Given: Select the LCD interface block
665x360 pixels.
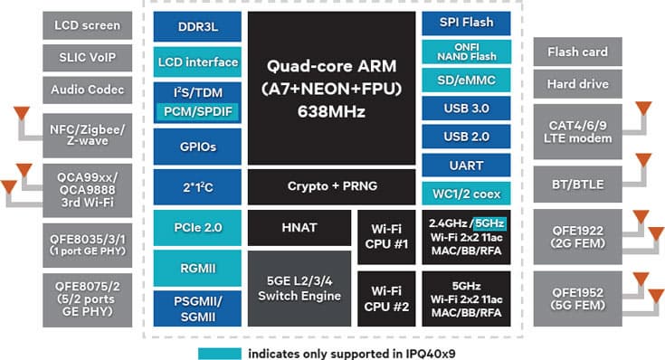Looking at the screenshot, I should click(x=196, y=62).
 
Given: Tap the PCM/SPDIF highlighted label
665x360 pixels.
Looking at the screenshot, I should click(x=196, y=111).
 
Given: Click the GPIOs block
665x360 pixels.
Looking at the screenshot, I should click(x=196, y=146).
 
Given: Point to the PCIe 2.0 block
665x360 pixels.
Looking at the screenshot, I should click(x=196, y=227).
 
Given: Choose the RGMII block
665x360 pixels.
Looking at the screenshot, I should click(x=196, y=267).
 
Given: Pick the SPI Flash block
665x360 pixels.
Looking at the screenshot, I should click(x=466, y=23).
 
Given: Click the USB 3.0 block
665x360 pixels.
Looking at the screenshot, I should click(x=466, y=109).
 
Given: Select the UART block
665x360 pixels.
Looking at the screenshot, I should click(x=466, y=166).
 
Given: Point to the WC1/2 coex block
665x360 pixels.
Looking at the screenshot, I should click(x=466, y=193).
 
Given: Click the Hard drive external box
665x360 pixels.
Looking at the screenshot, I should click(x=577, y=85).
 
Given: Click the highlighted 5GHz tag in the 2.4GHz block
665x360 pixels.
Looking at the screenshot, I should click(x=489, y=223).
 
